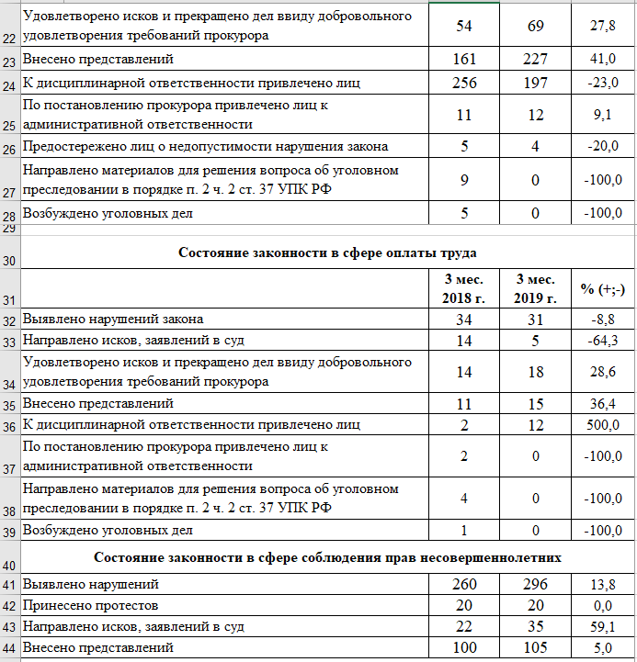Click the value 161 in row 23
click(x=463, y=60)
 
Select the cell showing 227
click(x=534, y=60)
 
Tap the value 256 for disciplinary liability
click(x=463, y=84)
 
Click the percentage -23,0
click(x=603, y=84)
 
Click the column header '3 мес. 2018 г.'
click(x=463, y=287)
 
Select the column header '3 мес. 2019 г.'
click(x=535, y=287)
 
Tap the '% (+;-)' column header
click(x=603, y=288)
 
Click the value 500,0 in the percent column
click(x=603, y=424)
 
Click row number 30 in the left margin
click(x=9, y=261)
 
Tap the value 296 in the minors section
click(x=534, y=585)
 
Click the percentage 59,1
click(x=603, y=627)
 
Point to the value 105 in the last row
click(x=534, y=649)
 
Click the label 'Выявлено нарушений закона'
click(x=113, y=320)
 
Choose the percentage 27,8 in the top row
click(x=603, y=26)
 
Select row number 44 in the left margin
click(x=9, y=650)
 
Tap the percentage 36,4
click(x=603, y=403)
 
